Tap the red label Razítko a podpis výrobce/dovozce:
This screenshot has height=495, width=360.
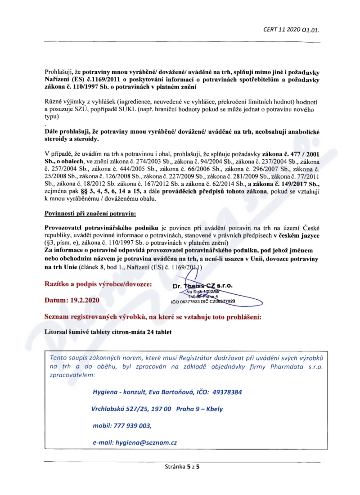point(98,284)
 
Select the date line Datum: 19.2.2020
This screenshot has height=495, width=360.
point(72,300)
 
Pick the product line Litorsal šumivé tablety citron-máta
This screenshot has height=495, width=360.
point(108,332)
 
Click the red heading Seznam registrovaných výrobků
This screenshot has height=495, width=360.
point(153,317)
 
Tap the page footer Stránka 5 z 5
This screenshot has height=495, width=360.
point(182,467)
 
